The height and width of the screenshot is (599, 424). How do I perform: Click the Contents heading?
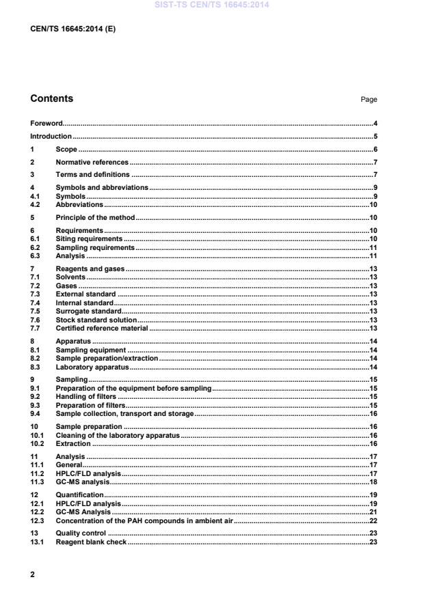pos(51,98)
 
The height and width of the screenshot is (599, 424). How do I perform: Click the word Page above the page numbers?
pos(369,100)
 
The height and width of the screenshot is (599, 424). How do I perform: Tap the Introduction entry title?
pos(51,137)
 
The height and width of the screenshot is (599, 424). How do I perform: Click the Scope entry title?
pos(66,150)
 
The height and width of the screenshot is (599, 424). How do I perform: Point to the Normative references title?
pos(92,163)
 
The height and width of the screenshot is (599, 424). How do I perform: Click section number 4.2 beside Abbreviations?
pos(36,204)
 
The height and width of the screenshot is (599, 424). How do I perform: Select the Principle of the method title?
pos(95,217)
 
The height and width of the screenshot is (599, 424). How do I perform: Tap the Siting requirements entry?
pos(89,238)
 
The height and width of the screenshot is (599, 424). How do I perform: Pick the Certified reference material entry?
pos(102,329)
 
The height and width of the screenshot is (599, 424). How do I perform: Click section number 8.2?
pos(36,358)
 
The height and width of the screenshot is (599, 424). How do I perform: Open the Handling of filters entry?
pos(86,396)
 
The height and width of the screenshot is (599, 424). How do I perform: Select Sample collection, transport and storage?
pos(124,413)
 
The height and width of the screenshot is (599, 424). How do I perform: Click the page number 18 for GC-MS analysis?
pos(373,482)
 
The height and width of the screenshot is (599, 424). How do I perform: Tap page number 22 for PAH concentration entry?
pos(373,520)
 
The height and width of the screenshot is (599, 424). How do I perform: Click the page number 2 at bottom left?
pos(33,575)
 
